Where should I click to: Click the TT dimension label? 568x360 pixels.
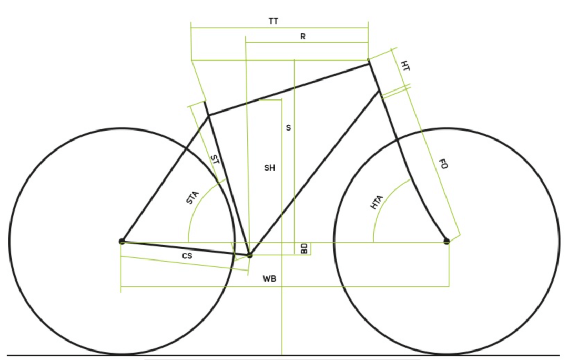[x=273, y=22]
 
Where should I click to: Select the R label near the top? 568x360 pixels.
[x=303, y=37]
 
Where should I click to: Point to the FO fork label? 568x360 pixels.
[x=443, y=164]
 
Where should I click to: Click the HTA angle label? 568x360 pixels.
[x=377, y=202]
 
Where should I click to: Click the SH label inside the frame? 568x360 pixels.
[x=270, y=168]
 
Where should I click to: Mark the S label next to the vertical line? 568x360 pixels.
[x=288, y=127]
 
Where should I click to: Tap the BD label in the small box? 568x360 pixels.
[x=304, y=249]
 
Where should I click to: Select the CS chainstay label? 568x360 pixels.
[x=187, y=256]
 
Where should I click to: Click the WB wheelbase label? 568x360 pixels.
[x=269, y=278]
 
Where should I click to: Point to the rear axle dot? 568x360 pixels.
[x=121, y=241]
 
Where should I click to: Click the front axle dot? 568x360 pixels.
[x=447, y=241]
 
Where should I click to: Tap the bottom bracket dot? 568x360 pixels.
[x=249, y=255]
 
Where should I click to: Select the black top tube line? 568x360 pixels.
[x=289, y=89]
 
